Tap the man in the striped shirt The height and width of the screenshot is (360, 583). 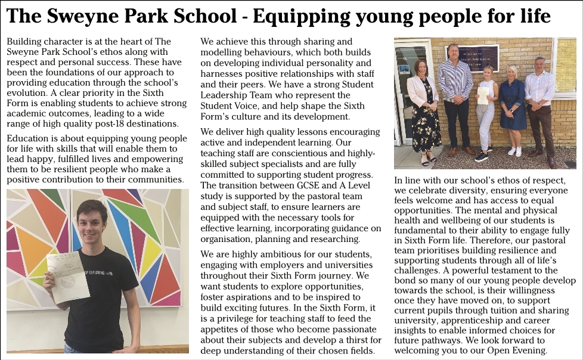pos(455,95)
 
